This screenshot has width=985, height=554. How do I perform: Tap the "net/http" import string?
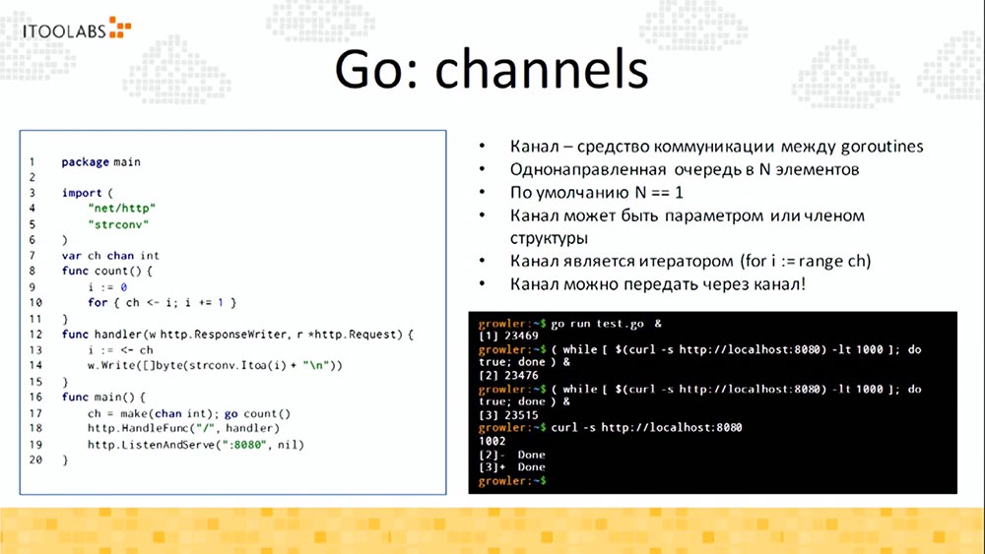point(121,208)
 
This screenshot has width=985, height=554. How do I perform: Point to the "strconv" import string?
point(118,223)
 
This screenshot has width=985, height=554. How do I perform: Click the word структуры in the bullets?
point(548,238)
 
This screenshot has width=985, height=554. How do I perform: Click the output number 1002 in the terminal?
point(492,441)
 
